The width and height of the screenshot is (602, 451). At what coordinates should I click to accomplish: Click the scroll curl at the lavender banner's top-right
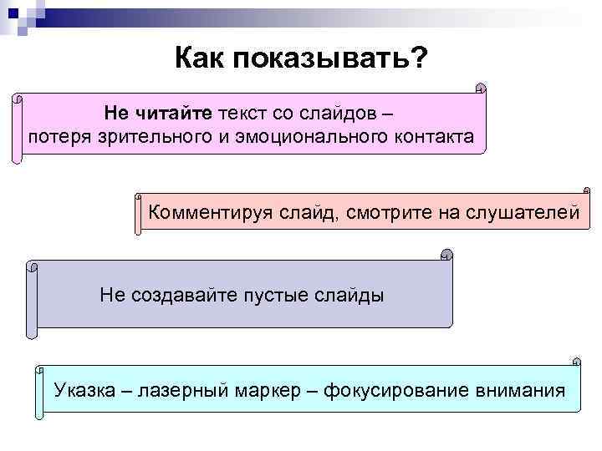point(446,254)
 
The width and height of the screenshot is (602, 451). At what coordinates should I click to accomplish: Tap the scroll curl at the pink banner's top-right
point(480,88)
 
